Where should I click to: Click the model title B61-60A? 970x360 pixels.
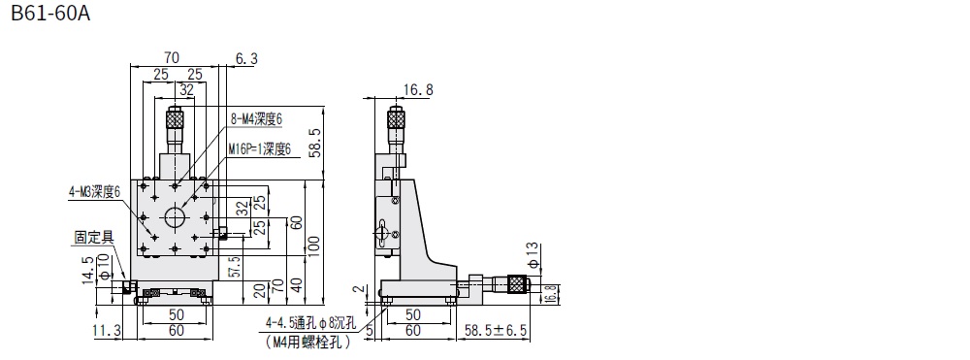[x=51, y=13]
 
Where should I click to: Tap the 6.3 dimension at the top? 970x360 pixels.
[x=246, y=59]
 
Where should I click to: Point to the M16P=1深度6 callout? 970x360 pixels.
[x=259, y=148]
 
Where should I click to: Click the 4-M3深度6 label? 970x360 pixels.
[x=94, y=192]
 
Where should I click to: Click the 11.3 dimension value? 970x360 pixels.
[x=107, y=331]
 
